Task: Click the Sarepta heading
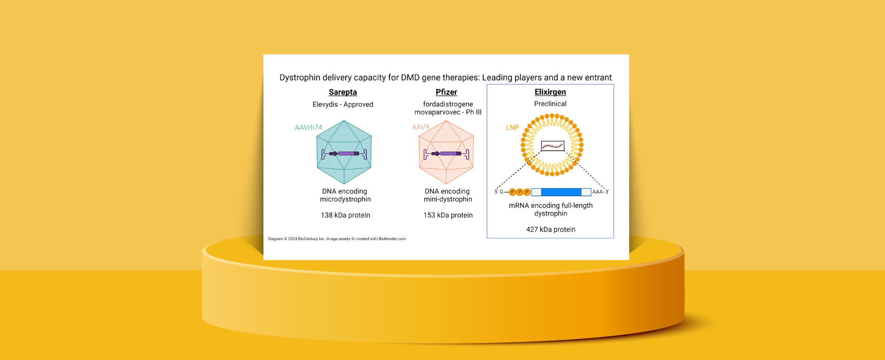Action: point(343,92)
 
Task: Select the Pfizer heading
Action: point(446,92)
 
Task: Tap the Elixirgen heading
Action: point(550,92)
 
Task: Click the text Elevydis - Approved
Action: point(343,104)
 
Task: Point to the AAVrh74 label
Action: point(308,128)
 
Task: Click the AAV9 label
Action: point(420,127)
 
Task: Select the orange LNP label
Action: point(512,128)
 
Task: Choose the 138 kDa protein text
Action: point(345,215)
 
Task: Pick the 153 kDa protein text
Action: point(448,215)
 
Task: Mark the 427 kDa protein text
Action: point(551,229)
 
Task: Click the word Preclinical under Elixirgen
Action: point(550,104)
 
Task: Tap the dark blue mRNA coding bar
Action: point(561,192)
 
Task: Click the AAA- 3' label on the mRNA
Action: point(600,192)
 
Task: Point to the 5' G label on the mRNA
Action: point(499,192)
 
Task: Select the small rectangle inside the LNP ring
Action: point(553,146)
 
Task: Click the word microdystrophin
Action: point(345,200)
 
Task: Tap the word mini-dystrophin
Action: point(448,200)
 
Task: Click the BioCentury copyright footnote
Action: point(337,239)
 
